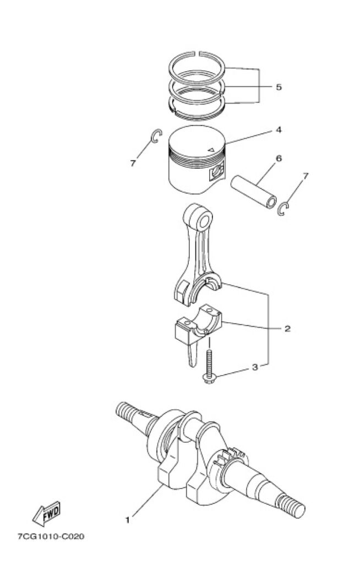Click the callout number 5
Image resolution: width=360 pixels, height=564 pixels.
click(279, 88)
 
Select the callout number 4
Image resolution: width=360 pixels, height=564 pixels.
click(279, 130)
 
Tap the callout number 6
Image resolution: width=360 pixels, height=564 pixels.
click(279, 159)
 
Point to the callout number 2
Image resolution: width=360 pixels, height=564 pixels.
click(287, 328)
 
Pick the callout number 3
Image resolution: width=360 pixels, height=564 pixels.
click(255, 367)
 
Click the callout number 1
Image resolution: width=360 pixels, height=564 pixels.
click(127, 520)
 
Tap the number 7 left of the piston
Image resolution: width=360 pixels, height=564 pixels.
click(133, 163)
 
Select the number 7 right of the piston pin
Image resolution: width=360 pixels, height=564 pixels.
click(306, 176)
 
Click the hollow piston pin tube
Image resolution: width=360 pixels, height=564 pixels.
click(254, 192)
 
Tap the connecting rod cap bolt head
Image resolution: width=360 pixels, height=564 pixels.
click(208, 378)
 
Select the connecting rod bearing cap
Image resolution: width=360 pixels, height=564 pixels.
click(198, 326)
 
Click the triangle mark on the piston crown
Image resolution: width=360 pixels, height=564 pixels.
click(211, 149)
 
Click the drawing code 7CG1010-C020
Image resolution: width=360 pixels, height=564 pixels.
click(51, 536)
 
